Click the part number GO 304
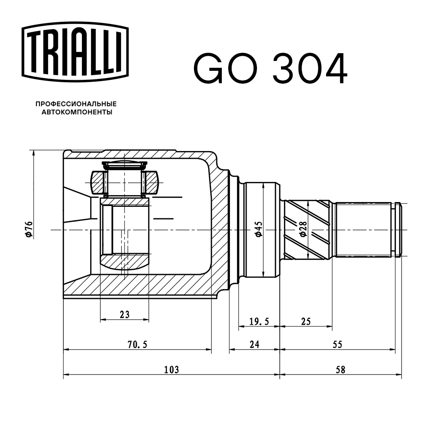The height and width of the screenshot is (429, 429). (270, 68)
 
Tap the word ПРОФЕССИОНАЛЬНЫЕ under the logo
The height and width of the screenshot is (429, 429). (76, 104)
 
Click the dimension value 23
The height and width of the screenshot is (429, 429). (124, 314)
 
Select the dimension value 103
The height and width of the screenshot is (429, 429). (171, 369)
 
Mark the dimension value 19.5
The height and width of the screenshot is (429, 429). (259, 321)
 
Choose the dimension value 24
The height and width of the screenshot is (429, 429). (254, 344)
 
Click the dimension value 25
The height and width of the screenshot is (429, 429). (305, 321)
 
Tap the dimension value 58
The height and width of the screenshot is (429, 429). (341, 369)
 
